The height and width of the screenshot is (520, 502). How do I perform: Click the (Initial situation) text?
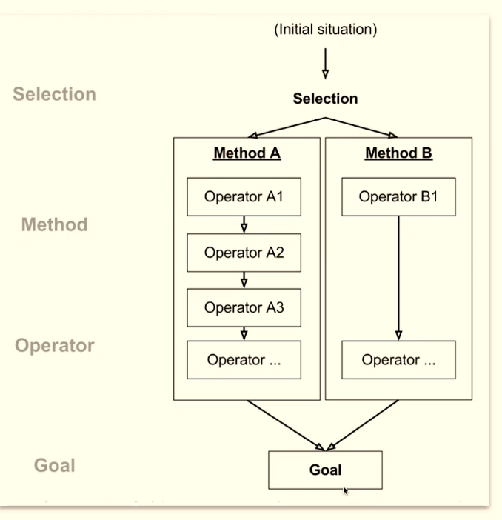[x=325, y=30]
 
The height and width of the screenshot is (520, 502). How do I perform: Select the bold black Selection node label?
[x=325, y=99]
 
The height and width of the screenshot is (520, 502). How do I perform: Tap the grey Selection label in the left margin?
[x=54, y=94]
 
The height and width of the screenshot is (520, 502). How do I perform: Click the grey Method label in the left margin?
[x=54, y=224]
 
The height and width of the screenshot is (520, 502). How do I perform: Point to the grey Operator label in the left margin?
[x=54, y=346]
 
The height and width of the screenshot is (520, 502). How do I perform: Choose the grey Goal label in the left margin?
[x=54, y=466]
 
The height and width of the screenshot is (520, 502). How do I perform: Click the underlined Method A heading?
[x=247, y=154]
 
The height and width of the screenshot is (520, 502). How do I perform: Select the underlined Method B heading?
[x=398, y=154]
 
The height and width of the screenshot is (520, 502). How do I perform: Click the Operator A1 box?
[x=244, y=197]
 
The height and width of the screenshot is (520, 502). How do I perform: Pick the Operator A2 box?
[x=244, y=253]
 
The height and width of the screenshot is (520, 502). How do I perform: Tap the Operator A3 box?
[x=244, y=308]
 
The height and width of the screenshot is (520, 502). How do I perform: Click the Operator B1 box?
[x=398, y=197]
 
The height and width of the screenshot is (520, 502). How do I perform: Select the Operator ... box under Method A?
[x=244, y=360]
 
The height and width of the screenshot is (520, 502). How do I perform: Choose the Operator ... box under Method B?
[x=398, y=360]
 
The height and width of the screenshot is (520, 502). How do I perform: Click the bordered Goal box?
[x=325, y=470]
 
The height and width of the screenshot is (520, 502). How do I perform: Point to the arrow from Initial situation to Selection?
[x=325, y=63]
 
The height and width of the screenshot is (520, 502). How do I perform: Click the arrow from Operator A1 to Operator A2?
[x=244, y=224]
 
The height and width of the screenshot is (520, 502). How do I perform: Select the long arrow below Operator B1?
[x=398, y=278]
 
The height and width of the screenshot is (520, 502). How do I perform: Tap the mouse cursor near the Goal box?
[x=345, y=489]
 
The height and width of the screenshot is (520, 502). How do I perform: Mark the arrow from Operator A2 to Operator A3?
[x=244, y=280]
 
